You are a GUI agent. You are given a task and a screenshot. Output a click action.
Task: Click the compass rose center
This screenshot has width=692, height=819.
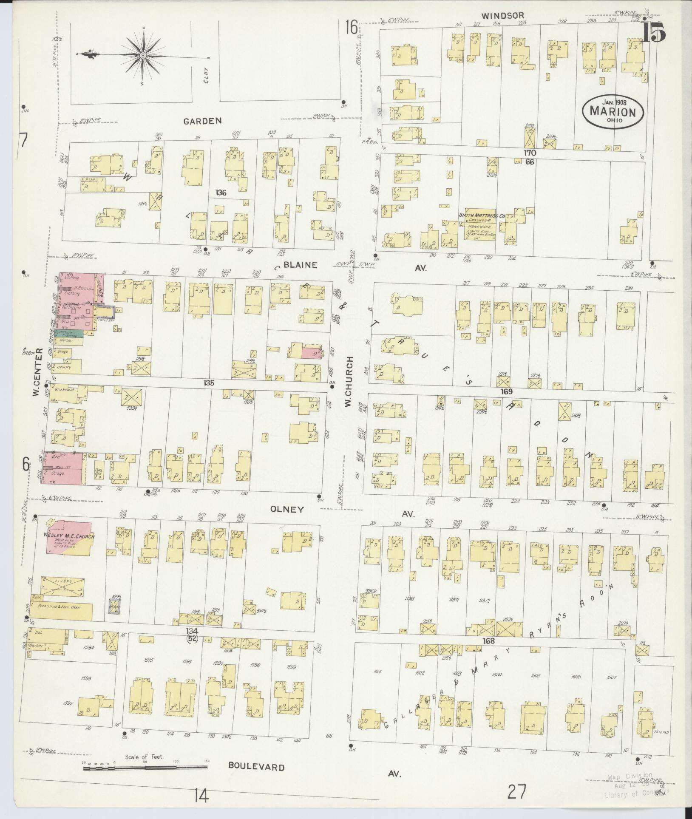click(143, 55)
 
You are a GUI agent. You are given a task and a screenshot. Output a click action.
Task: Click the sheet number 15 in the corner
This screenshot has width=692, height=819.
click(653, 33)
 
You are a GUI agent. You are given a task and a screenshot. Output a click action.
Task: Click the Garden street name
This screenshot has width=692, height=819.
click(202, 121)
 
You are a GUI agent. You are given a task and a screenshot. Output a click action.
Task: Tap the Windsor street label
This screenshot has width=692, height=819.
click(496, 15)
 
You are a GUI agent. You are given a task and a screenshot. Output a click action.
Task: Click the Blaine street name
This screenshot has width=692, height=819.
click(301, 265)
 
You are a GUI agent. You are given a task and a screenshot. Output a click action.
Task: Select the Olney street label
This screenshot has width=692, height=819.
click(289, 509)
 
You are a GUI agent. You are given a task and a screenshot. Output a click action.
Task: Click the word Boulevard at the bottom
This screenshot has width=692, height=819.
click(256, 767)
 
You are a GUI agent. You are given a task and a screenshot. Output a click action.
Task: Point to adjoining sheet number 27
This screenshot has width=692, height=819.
click(516, 793)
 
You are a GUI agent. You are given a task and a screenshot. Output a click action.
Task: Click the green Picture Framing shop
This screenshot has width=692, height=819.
click(71, 334)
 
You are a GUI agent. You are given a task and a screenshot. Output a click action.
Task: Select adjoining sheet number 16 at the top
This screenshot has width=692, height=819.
click(351, 28)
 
